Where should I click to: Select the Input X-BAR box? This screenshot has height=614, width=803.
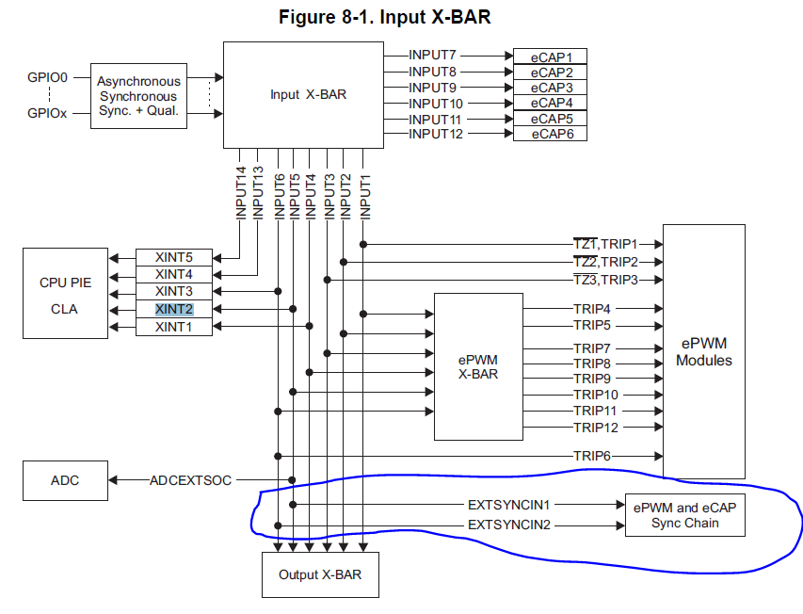[x=302, y=94]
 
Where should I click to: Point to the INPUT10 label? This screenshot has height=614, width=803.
[x=435, y=103]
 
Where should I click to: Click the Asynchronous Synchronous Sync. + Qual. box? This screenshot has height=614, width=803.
[x=137, y=96]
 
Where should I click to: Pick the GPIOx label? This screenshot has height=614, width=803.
[x=47, y=114]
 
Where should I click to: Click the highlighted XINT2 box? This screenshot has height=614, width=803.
[x=173, y=309]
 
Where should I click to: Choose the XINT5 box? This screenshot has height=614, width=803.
[x=173, y=257]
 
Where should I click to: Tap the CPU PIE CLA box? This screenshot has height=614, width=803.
[x=65, y=293]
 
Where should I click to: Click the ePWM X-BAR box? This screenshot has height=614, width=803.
[x=477, y=366]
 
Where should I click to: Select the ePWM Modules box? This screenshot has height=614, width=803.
[x=703, y=351]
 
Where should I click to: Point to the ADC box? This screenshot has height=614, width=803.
[x=65, y=480]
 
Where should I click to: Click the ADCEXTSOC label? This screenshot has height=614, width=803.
[x=190, y=480]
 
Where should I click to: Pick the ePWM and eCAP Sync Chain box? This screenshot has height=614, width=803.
[x=684, y=514]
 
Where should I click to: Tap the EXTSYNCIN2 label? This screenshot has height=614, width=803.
[x=508, y=524]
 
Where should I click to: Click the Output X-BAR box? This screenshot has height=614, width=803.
[x=319, y=574]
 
